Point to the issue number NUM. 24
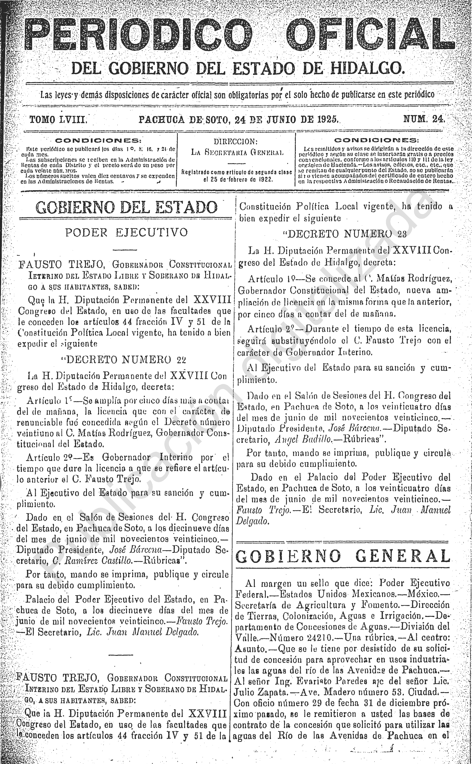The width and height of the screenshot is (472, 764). pos(425,119)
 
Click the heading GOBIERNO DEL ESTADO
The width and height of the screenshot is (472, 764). pos(126,207)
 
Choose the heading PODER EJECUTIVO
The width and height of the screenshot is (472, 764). pos(126,233)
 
